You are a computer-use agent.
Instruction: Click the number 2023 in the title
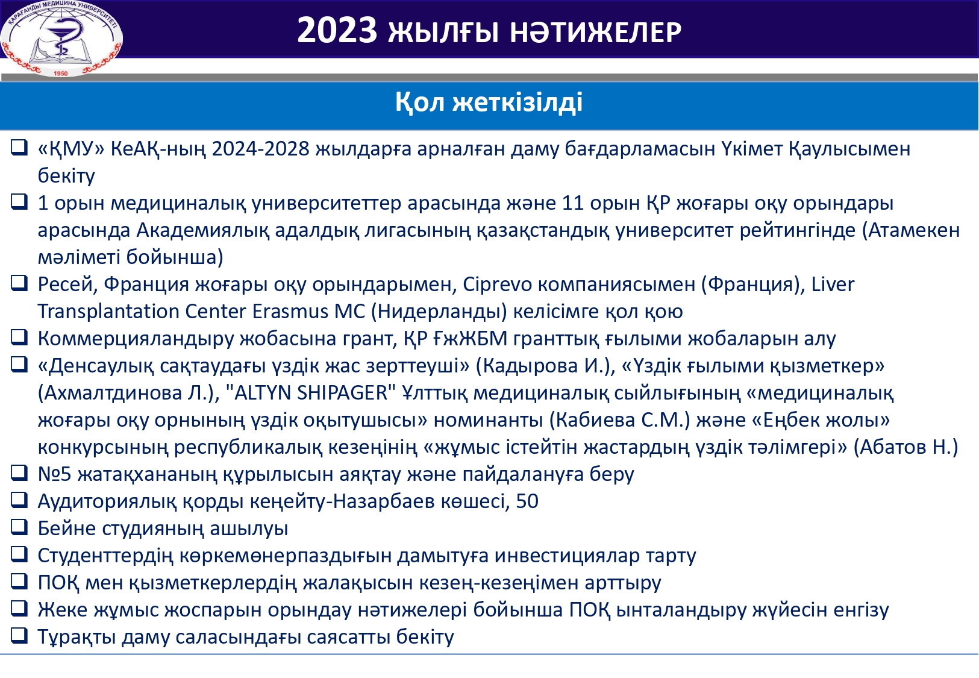[x=337, y=31]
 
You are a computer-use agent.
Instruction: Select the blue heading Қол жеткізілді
[x=489, y=102]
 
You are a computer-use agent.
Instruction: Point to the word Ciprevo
[x=497, y=284]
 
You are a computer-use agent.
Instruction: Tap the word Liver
[x=832, y=284]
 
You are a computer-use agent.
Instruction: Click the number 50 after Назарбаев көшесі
[x=527, y=501]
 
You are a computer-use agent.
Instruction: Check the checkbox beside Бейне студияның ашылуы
[x=19, y=527]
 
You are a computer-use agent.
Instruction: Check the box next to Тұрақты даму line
[x=19, y=636]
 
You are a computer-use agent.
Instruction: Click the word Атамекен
[x=914, y=230]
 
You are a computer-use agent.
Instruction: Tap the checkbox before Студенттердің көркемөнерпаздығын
[x=19, y=554]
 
